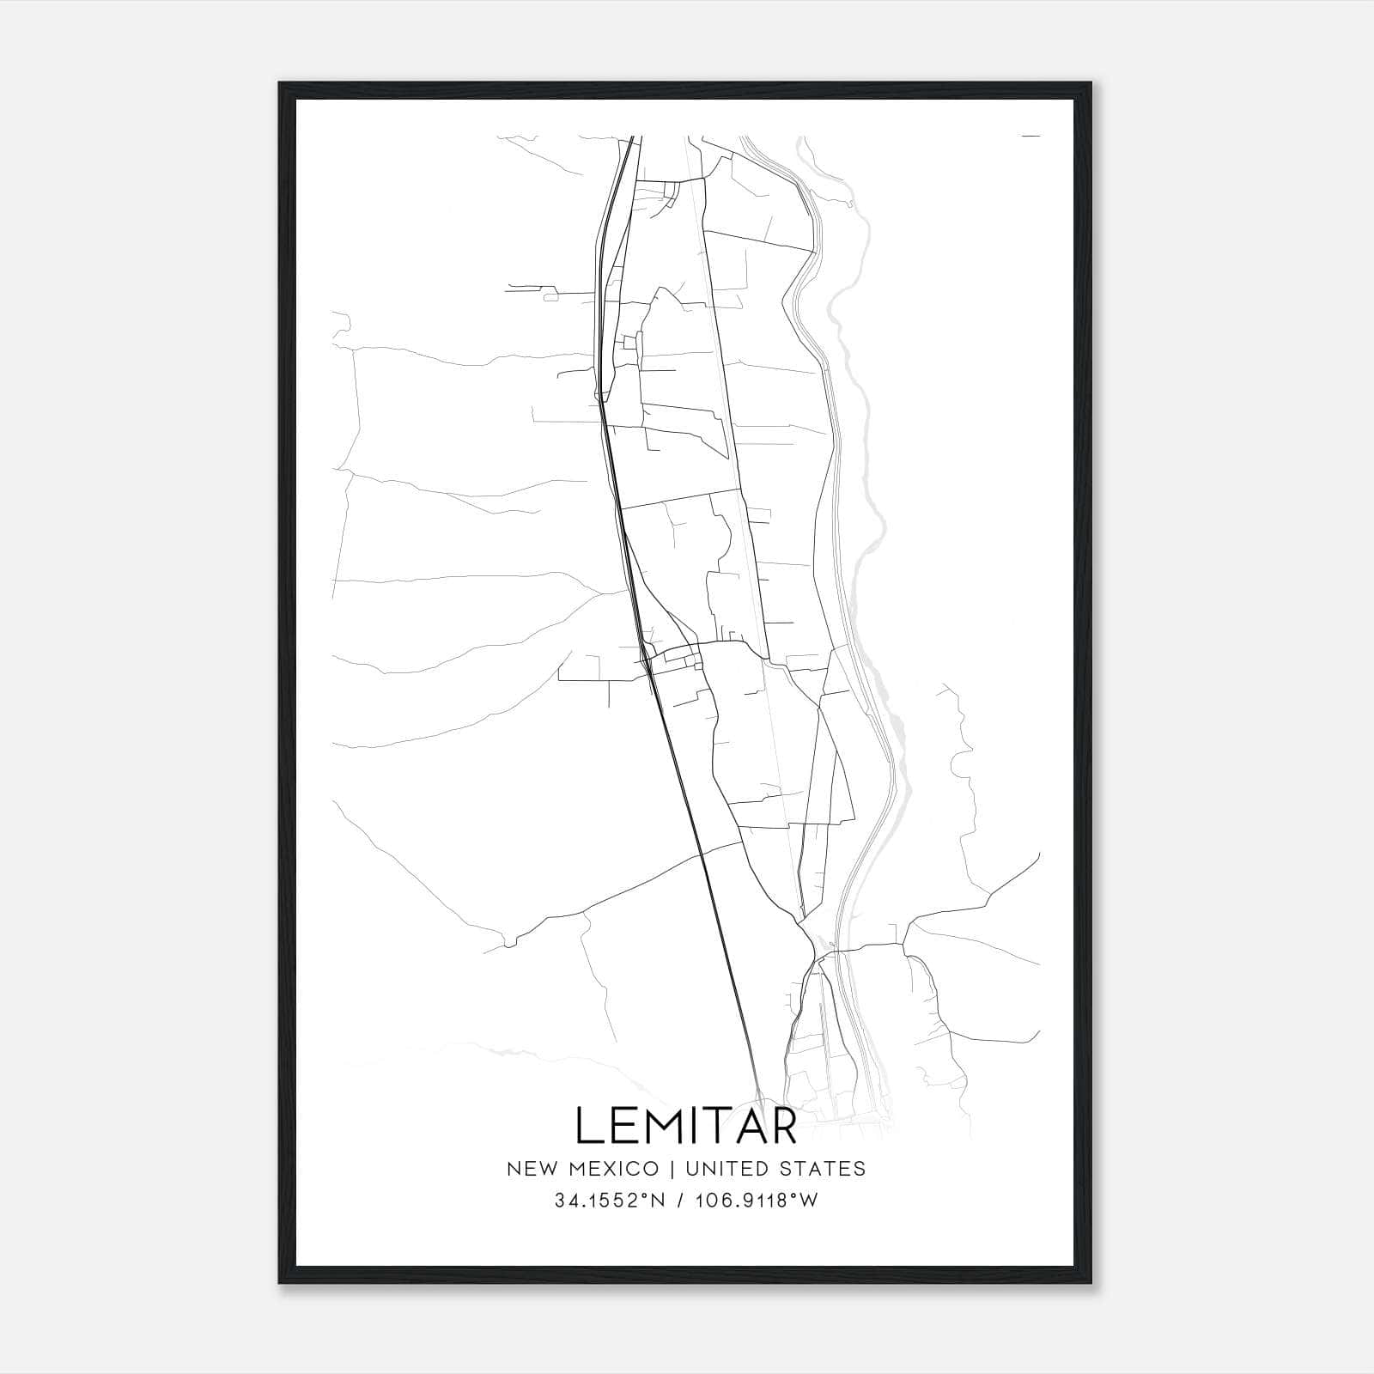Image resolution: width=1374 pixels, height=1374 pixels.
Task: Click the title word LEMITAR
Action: (x=686, y=1125)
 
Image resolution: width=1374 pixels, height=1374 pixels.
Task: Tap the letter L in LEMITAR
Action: (x=589, y=1125)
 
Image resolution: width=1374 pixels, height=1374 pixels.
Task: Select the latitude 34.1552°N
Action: (x=611, y=1201)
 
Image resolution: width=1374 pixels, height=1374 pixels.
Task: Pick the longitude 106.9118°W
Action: (x=757, y=1201)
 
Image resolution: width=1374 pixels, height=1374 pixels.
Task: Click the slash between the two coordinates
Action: (x=679, y=1201)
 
